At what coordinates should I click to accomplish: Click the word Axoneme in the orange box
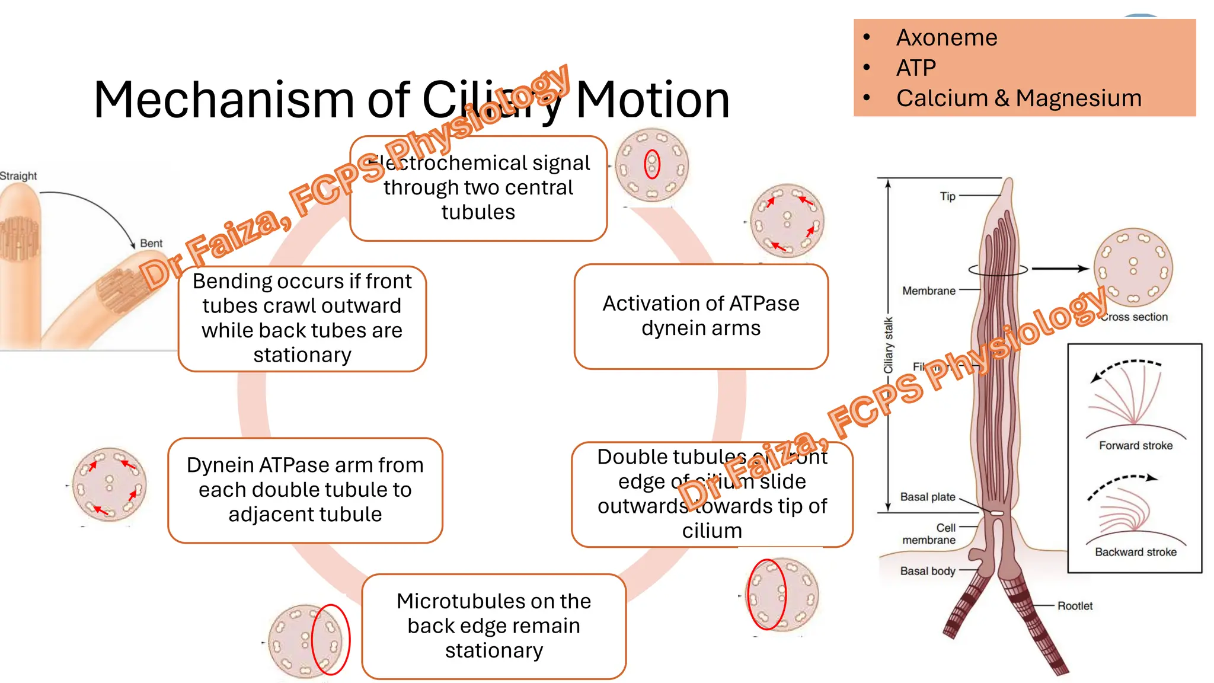point(946,37)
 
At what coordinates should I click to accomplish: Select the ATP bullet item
point(915,68)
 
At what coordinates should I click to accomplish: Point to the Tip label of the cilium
point(947,196)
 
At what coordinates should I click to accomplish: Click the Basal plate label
point(927,497)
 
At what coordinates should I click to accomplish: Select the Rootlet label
point(1074,605)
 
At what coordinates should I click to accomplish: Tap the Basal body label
point(927,571)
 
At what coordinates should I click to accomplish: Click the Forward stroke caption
point(1135,445)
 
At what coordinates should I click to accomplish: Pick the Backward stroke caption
point(1135,552)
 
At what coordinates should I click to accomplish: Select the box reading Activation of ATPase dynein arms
point(701,316)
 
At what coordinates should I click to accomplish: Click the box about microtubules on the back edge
point(493,626)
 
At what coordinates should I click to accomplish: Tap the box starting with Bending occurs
point(302,318)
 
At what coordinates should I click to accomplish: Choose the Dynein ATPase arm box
point(305,490)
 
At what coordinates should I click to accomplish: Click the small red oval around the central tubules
point(652,164)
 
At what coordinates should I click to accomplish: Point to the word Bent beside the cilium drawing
point(151,243)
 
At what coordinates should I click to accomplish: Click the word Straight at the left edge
point(18,176)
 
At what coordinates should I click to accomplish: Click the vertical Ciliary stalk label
point(888,345)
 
